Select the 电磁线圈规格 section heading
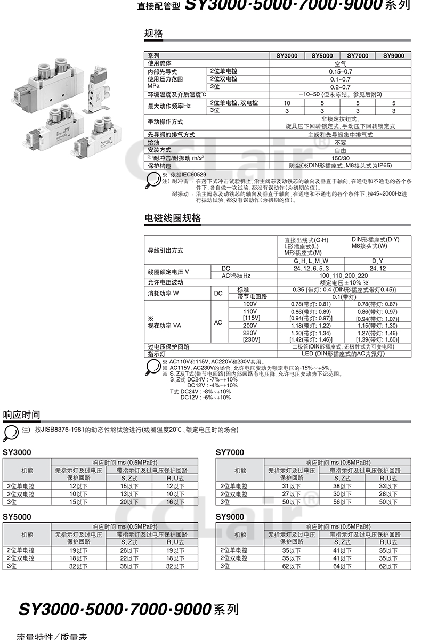173,218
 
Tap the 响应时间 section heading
21,415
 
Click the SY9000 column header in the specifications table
393,55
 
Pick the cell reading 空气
340,63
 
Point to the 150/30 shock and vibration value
340,158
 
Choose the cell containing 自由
340,150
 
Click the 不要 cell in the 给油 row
340,143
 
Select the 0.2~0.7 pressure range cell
340,87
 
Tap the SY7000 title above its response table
230,452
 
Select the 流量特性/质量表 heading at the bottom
52,636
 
